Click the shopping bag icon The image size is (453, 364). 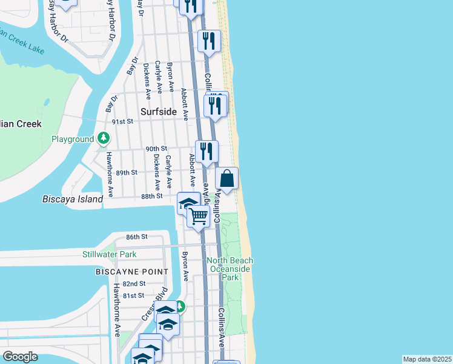click(x=227, y=179)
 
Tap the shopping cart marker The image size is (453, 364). click(x=199, y=216)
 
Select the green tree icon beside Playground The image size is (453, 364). click(x=104, y=139)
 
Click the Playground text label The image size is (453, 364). click(x=73, y=139)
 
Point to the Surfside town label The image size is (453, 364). click(x=158, y=112)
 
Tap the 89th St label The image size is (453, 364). click(x=127, y=172)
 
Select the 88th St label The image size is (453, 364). click(x=151, y=196)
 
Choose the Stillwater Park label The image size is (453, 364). click(x=110, y=254)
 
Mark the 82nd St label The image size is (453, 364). click(x=134, y=283)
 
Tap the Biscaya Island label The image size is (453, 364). click(x=73, y=198)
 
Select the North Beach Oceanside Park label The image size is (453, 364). click(x=230, y=269)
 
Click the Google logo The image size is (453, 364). click(x=21, y=356)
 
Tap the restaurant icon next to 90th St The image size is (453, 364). click(x=207, y=152)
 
